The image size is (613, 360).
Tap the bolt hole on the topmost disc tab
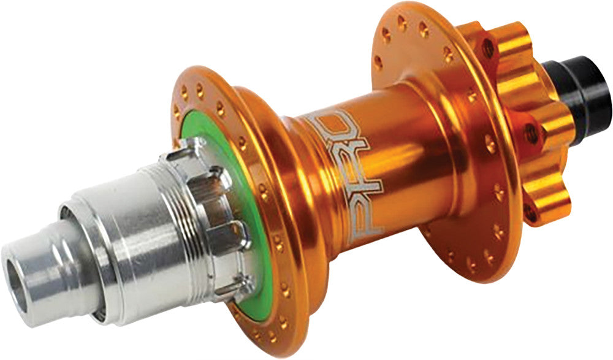point(487,47)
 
